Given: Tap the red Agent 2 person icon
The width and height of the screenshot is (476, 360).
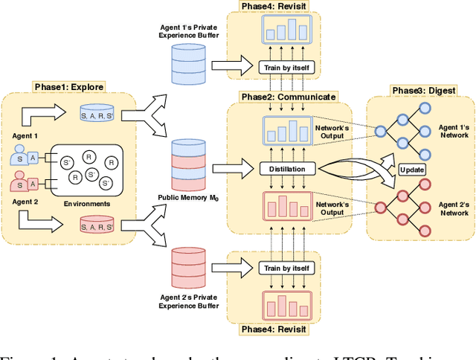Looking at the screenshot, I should (x=20, y=183).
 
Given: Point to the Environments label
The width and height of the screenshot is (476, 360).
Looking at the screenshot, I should (x=88, y=203).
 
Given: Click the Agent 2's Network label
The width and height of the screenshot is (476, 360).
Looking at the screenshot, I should (x=453, y=209).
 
